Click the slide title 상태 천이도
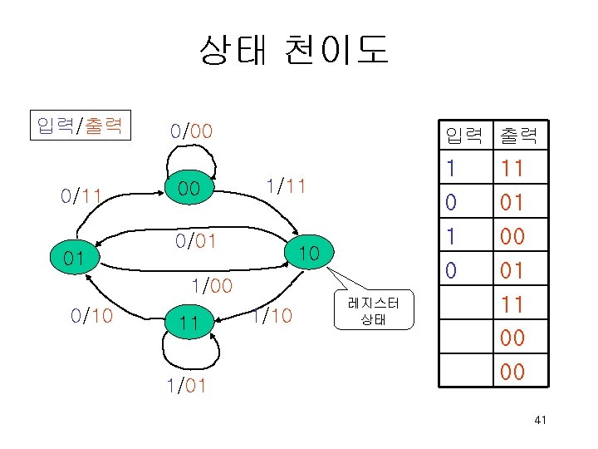(x=293, y=51)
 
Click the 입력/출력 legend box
(x=81, y=126)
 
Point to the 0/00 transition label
(x=191, y=131)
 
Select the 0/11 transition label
(x=81, y=197)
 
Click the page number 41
(x=540, y=422)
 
